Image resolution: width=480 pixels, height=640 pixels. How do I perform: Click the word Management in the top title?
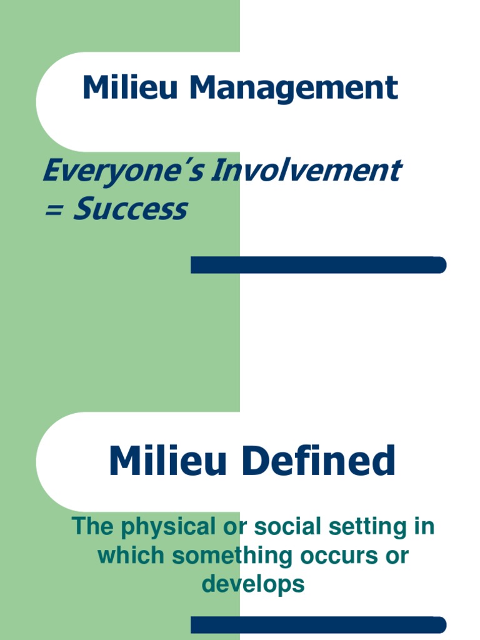click(294, 88)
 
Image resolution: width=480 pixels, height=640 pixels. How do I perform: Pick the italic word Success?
click(130, 209)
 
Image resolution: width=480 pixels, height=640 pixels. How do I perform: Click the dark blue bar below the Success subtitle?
click(318, 265)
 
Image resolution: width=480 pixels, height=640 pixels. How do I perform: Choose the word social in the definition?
click(281, 526)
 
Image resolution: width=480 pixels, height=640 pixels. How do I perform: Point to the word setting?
click(362, 527)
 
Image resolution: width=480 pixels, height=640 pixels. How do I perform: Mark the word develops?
click(252, 584)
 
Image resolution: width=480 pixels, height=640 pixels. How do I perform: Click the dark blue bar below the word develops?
click(318, 625)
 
